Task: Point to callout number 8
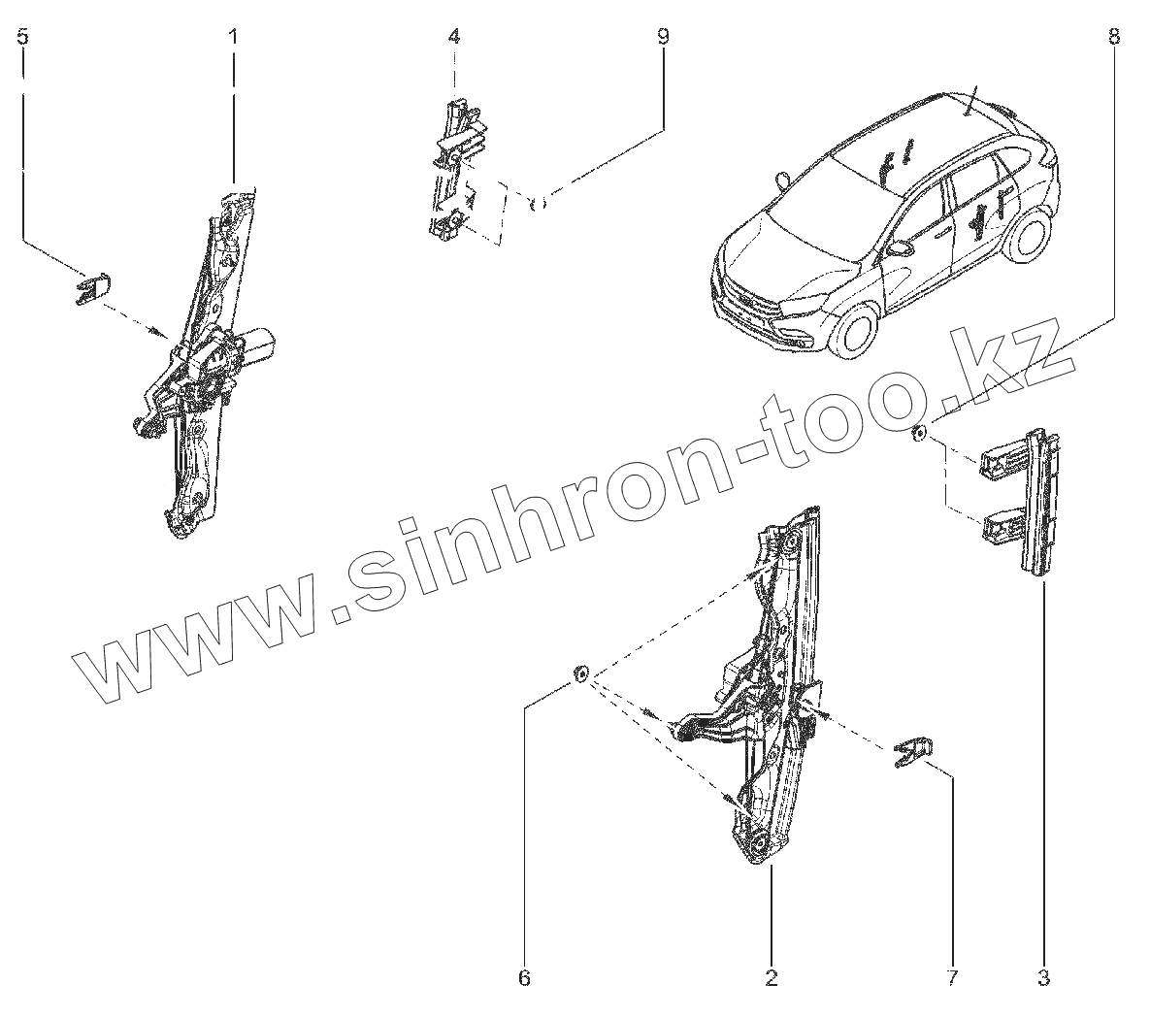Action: click(1113, 37)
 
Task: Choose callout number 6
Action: click(524, 977)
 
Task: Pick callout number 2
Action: click(772, 977)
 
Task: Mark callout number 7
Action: click(952, 977)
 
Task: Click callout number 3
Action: click(1043, 977)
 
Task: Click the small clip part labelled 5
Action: click(92, 288)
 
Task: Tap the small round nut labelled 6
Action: click(580, 673)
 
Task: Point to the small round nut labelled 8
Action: click(919, 433)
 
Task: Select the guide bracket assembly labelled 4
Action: click(453, 165)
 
